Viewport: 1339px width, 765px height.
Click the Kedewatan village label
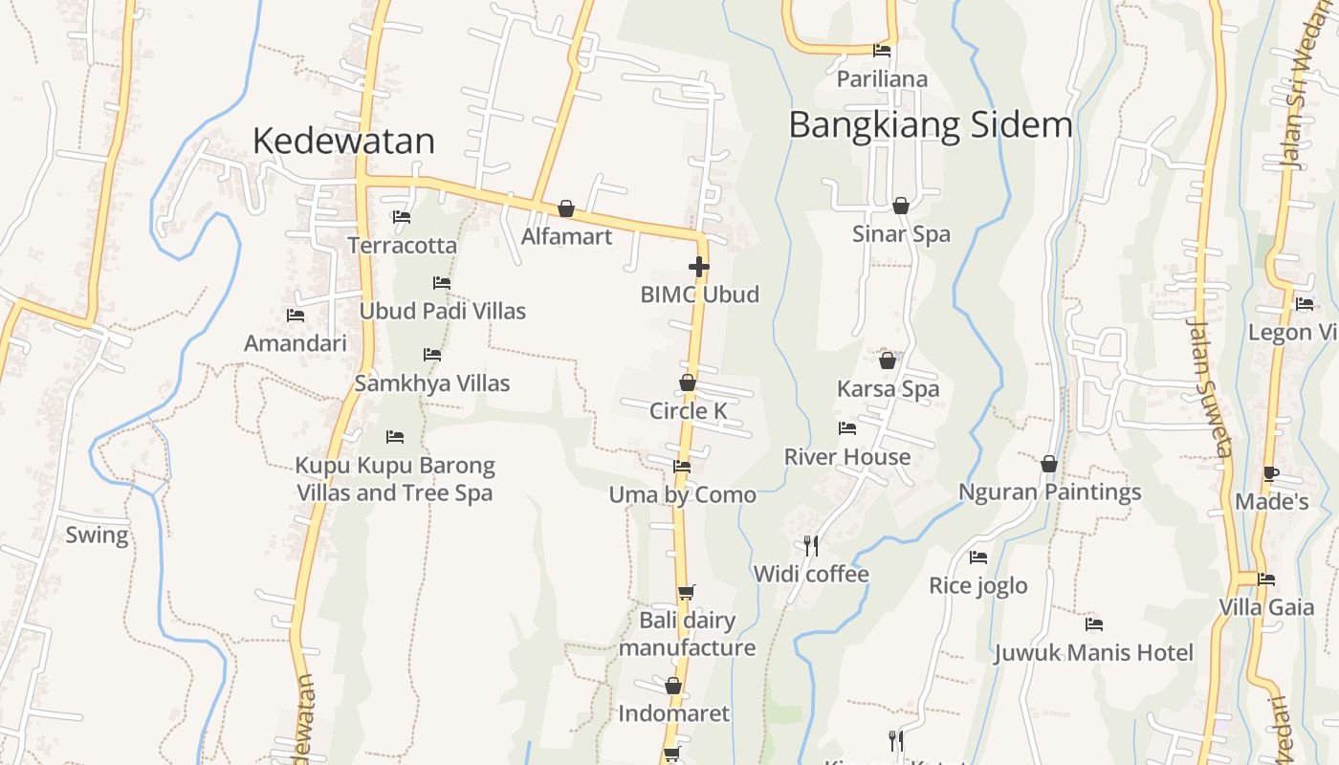point(343,142)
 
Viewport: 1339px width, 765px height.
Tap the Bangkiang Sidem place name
point(930,125)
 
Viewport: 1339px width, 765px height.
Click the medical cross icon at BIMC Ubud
point(699,267)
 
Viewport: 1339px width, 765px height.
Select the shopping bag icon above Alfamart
point(566,208)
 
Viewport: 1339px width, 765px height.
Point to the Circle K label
point(689,411)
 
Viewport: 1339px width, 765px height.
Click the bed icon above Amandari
point(295,316)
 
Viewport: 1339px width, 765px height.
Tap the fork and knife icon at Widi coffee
point(811,545)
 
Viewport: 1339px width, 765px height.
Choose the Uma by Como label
point(683,494)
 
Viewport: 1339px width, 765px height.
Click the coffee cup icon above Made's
point(1270,473)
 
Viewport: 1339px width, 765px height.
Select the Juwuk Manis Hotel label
point(1093,653)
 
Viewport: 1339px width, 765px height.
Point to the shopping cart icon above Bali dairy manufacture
point(686,593)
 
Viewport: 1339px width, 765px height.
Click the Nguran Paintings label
point(1050,492)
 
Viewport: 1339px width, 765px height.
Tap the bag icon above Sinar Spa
point(900,206)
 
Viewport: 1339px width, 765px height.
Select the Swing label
point(97,535)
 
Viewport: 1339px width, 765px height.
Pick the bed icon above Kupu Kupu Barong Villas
point(394,437)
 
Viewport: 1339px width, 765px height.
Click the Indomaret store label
point(673,713)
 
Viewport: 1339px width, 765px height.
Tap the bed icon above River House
point(846,428)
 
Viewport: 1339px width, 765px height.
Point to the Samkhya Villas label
point(432,383)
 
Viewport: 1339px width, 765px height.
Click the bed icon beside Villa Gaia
point(1266,579)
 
